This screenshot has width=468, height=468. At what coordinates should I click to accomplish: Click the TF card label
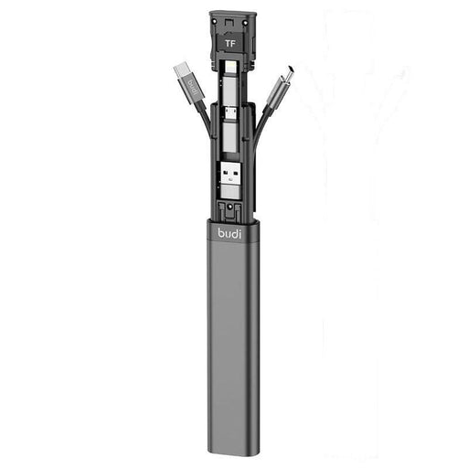coord(230,44)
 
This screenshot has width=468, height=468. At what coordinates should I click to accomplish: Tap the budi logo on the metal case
coord(229,234)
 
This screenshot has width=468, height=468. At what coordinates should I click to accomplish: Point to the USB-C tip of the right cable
coord(288,74)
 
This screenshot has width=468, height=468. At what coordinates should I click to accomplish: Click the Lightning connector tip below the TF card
coord(230,67)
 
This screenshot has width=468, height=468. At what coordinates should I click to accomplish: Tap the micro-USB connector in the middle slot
coord(230,113)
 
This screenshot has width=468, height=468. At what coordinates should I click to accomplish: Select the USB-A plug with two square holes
coord(230,175)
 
